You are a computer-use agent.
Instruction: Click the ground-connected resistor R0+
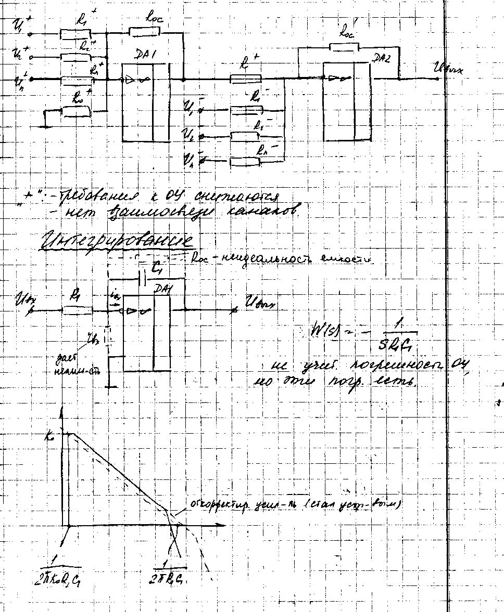tap(76, 111)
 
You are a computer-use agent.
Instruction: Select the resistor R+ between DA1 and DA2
tap(246, 79)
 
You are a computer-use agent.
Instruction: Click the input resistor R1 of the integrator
tap(78, 310)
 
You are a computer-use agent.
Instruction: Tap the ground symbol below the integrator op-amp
tap(111, 386)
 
